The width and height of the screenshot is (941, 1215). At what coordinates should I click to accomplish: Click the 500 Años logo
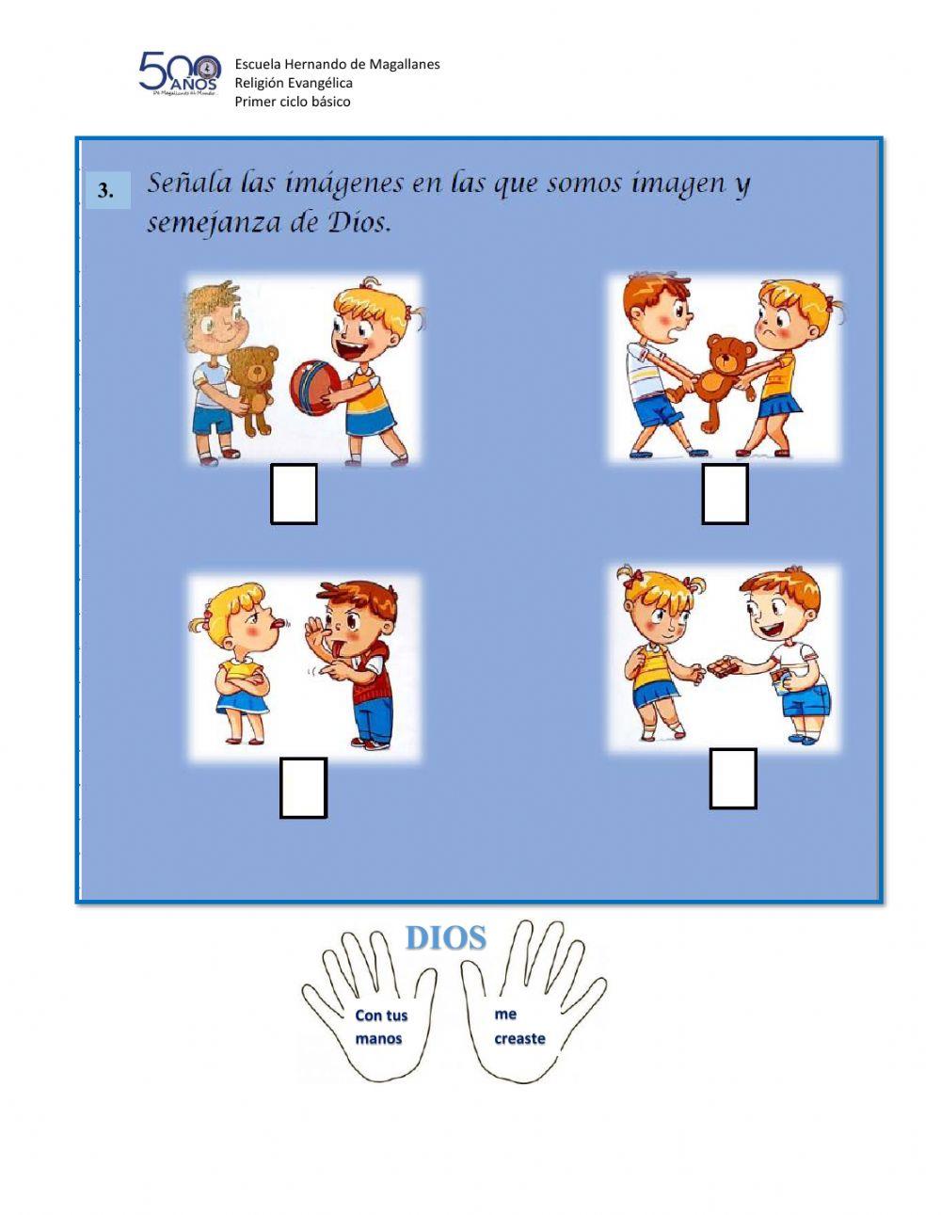click(x=178, y=73)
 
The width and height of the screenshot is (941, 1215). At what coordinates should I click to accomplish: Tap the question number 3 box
click(x=107, y=190)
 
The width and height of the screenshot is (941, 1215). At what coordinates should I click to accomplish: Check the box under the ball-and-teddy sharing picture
click(x=294, y=494)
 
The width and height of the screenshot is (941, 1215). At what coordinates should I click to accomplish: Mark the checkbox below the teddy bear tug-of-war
click(x=725, y=494)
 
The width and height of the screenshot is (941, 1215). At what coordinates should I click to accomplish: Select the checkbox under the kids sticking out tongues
click(x=303, y=788)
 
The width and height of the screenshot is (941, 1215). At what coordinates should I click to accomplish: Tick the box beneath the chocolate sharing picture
click(x=733, y=778)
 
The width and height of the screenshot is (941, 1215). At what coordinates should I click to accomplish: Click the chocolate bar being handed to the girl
click(x=722, y=666)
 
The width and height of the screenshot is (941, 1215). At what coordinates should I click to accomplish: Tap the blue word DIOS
click(x=445, y=937)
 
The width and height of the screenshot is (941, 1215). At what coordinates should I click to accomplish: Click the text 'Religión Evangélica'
click(x=294, y=83)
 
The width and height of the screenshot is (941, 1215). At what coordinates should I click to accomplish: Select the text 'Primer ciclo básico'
click(x=293, y=102)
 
